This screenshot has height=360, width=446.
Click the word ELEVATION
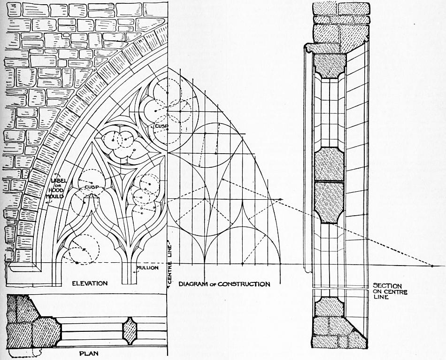[x=90, y=283]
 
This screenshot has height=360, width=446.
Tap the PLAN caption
[x=89, y=354]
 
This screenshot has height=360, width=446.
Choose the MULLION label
[x=147, y=268]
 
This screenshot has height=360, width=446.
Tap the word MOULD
[x=55, y=196]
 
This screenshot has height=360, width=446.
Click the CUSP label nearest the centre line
[x=161, y=126]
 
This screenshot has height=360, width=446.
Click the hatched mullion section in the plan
[x=130, y=331]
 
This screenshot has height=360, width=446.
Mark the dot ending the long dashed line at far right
[x=432, y=266]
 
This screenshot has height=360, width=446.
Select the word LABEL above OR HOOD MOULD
[x=59, y=180]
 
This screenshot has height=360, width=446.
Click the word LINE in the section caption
[x=381, y=297]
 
